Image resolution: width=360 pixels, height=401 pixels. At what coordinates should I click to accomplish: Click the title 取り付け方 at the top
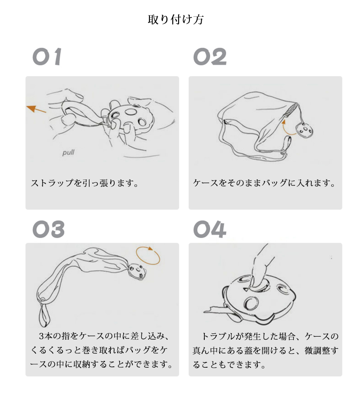(175, 20)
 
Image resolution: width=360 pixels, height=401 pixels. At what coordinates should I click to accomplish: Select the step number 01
(47, 57)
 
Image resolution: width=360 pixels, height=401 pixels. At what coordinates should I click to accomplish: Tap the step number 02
(210, 57)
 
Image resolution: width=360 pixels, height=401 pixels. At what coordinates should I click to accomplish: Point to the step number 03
(48, 229)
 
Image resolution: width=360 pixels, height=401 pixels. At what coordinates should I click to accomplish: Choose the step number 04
(210, 229)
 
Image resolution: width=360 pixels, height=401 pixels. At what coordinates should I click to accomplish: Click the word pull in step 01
(68, 153)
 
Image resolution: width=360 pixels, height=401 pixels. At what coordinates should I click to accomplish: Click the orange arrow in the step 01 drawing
(36, 109)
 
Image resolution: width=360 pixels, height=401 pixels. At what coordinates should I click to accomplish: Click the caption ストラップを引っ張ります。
(85, 183)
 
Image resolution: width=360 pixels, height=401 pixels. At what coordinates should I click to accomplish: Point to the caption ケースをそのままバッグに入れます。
(264, 183)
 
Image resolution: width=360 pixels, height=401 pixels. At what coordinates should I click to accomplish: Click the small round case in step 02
(305, 131)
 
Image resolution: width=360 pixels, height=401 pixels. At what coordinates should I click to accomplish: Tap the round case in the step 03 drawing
(138, 271)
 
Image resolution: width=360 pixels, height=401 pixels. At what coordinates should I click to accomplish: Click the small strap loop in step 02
(287, 145)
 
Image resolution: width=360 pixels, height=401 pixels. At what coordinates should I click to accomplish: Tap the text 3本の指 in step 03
(54, 336)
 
